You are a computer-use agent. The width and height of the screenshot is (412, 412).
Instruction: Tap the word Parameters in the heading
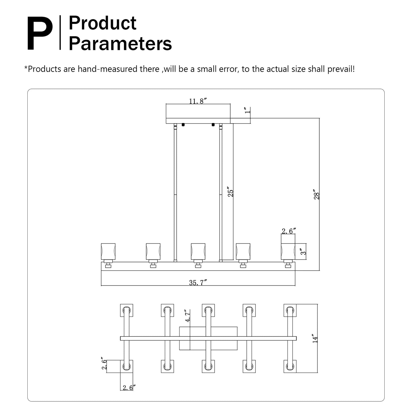click(120, 44)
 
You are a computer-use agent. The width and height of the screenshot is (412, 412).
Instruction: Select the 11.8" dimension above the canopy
click(198, 101)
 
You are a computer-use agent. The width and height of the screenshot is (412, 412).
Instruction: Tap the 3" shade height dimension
click(304, 251)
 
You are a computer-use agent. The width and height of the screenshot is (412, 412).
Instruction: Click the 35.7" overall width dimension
click(198, 283)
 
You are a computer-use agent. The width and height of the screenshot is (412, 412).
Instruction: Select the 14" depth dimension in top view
click(315, 338)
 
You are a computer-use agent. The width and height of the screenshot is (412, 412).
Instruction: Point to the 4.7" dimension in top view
click(188, 316)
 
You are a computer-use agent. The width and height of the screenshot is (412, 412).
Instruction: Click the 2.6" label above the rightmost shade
click(289, 231)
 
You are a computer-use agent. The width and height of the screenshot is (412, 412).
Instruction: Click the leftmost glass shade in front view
click(108, 251)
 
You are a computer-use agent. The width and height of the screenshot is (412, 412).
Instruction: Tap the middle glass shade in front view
click(198, 251)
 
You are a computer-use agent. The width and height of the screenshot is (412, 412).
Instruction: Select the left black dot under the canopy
click(183, 125)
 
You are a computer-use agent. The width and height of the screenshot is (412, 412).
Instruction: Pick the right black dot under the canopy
click(213, 125)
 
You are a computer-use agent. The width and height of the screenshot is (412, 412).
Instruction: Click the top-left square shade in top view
click(126, 310)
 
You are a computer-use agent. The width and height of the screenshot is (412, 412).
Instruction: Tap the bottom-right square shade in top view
click(290, 366)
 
